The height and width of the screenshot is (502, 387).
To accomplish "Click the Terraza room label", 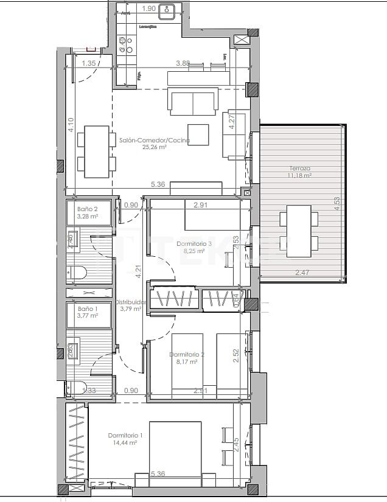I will coord(300,168).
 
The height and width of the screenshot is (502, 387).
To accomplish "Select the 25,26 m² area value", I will coord(155,147).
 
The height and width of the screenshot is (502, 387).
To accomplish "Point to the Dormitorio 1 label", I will coord(125,435).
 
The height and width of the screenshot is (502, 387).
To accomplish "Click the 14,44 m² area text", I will coord(125,442).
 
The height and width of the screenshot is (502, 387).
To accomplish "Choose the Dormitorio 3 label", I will coord(193,243).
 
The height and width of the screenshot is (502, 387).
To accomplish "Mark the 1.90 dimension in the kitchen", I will coord(148,9).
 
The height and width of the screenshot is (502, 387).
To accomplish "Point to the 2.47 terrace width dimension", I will coord(302,272).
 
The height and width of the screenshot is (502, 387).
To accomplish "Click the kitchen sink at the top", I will coord(169,10).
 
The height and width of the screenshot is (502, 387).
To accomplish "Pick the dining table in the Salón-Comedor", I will coord(96,151).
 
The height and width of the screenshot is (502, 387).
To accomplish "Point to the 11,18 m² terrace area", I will coord(300,175).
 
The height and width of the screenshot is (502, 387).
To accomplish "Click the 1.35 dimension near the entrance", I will coord(89,63).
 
